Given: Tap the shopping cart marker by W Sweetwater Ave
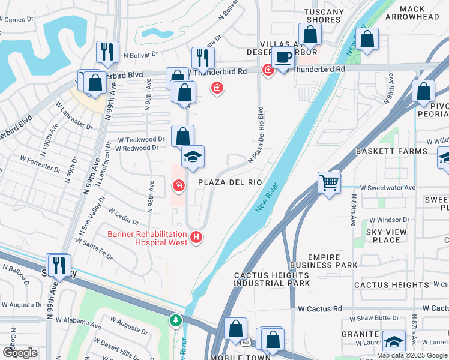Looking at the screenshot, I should (330, 182).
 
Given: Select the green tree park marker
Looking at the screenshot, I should (175, 321).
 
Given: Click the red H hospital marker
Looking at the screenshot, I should (196, 238).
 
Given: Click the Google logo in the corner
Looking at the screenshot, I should (20, 353).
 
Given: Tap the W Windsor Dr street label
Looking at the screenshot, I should (388, 220).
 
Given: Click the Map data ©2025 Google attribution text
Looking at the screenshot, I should (411, 355).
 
